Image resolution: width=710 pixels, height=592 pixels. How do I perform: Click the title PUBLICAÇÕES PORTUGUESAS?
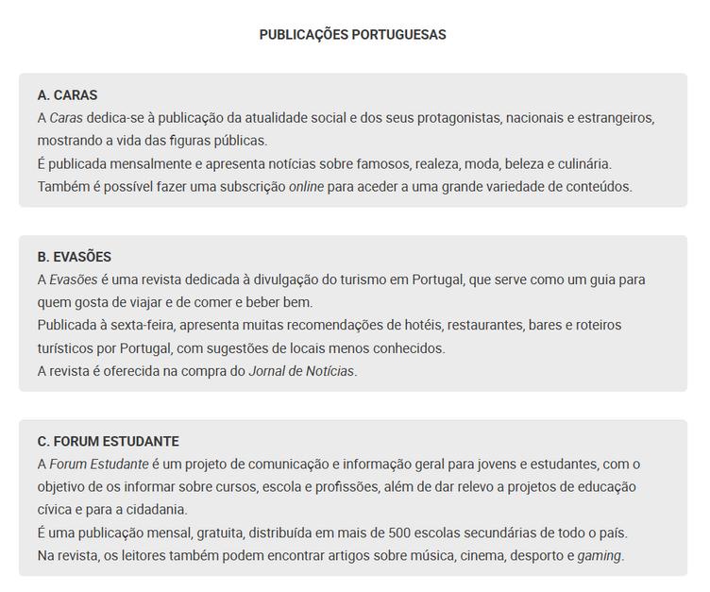pos(352,35)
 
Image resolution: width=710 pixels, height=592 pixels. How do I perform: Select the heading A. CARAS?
pos(68,95)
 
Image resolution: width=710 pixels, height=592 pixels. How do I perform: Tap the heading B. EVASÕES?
pos(75,257)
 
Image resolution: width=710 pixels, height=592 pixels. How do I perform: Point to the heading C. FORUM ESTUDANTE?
pos(109,441)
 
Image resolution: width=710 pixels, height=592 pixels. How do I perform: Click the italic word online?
pos(306,186)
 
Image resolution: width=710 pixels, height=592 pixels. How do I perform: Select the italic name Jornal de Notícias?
pos(301,371)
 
